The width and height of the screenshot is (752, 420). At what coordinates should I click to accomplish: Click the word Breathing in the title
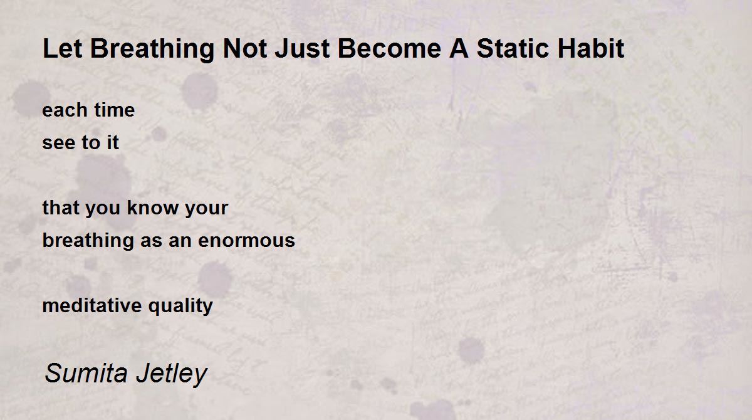(x=152, y=50)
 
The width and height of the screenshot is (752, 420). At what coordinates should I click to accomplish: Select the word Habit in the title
(x=591, y=48)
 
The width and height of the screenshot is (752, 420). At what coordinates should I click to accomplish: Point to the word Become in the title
(x=389, y=48)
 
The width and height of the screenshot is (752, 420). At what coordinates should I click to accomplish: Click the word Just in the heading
(x=302, y=48)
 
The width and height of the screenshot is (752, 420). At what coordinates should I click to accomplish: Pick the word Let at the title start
(x=63, y=48)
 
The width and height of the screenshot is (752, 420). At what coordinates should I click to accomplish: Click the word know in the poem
(x=153, y=207)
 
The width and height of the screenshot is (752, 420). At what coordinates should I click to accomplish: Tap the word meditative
(x=92, y=305)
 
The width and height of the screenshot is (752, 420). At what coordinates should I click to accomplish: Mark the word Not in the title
(x=245, y=48)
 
